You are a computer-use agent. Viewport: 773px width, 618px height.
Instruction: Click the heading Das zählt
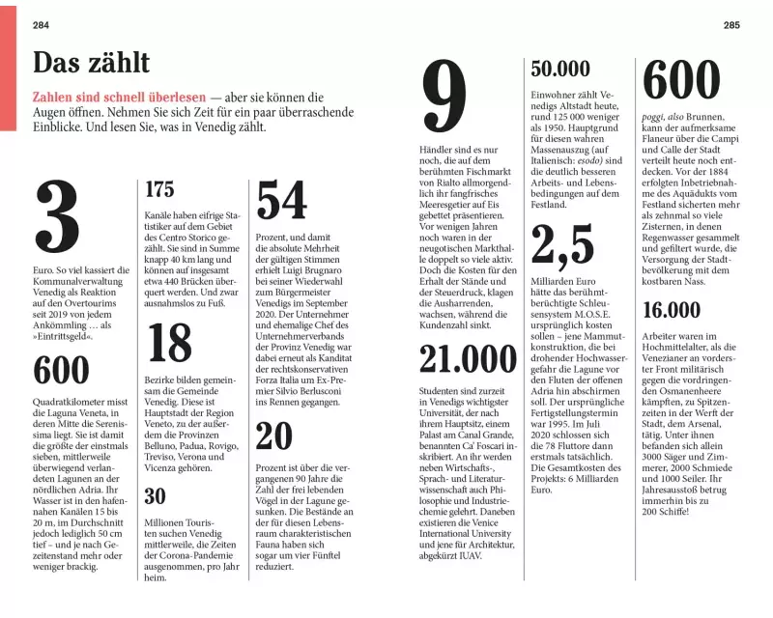point(91,64)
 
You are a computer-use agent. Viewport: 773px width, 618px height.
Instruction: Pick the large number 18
point(170,344)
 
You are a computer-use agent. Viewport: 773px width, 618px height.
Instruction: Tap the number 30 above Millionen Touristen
point(155,497)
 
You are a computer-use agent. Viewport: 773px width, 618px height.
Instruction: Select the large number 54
point(281,202)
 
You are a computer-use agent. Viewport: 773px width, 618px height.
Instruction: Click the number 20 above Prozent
point(274,436)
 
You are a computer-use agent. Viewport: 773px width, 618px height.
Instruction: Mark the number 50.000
point(560,70)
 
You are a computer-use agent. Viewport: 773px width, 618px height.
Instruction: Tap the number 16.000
point(672,310)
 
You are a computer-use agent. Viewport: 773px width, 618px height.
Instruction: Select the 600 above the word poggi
point(681,80)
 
